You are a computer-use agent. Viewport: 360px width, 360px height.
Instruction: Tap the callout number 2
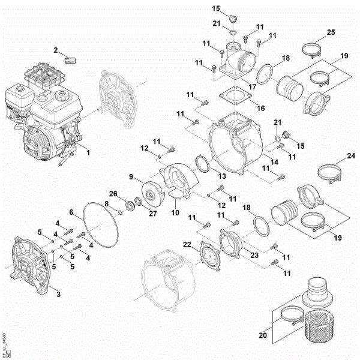click(x=56, y=50)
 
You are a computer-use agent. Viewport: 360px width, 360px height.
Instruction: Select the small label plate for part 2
click(x=71, y=59)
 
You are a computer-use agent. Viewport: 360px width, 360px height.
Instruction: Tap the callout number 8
click(x=107, y=205)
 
